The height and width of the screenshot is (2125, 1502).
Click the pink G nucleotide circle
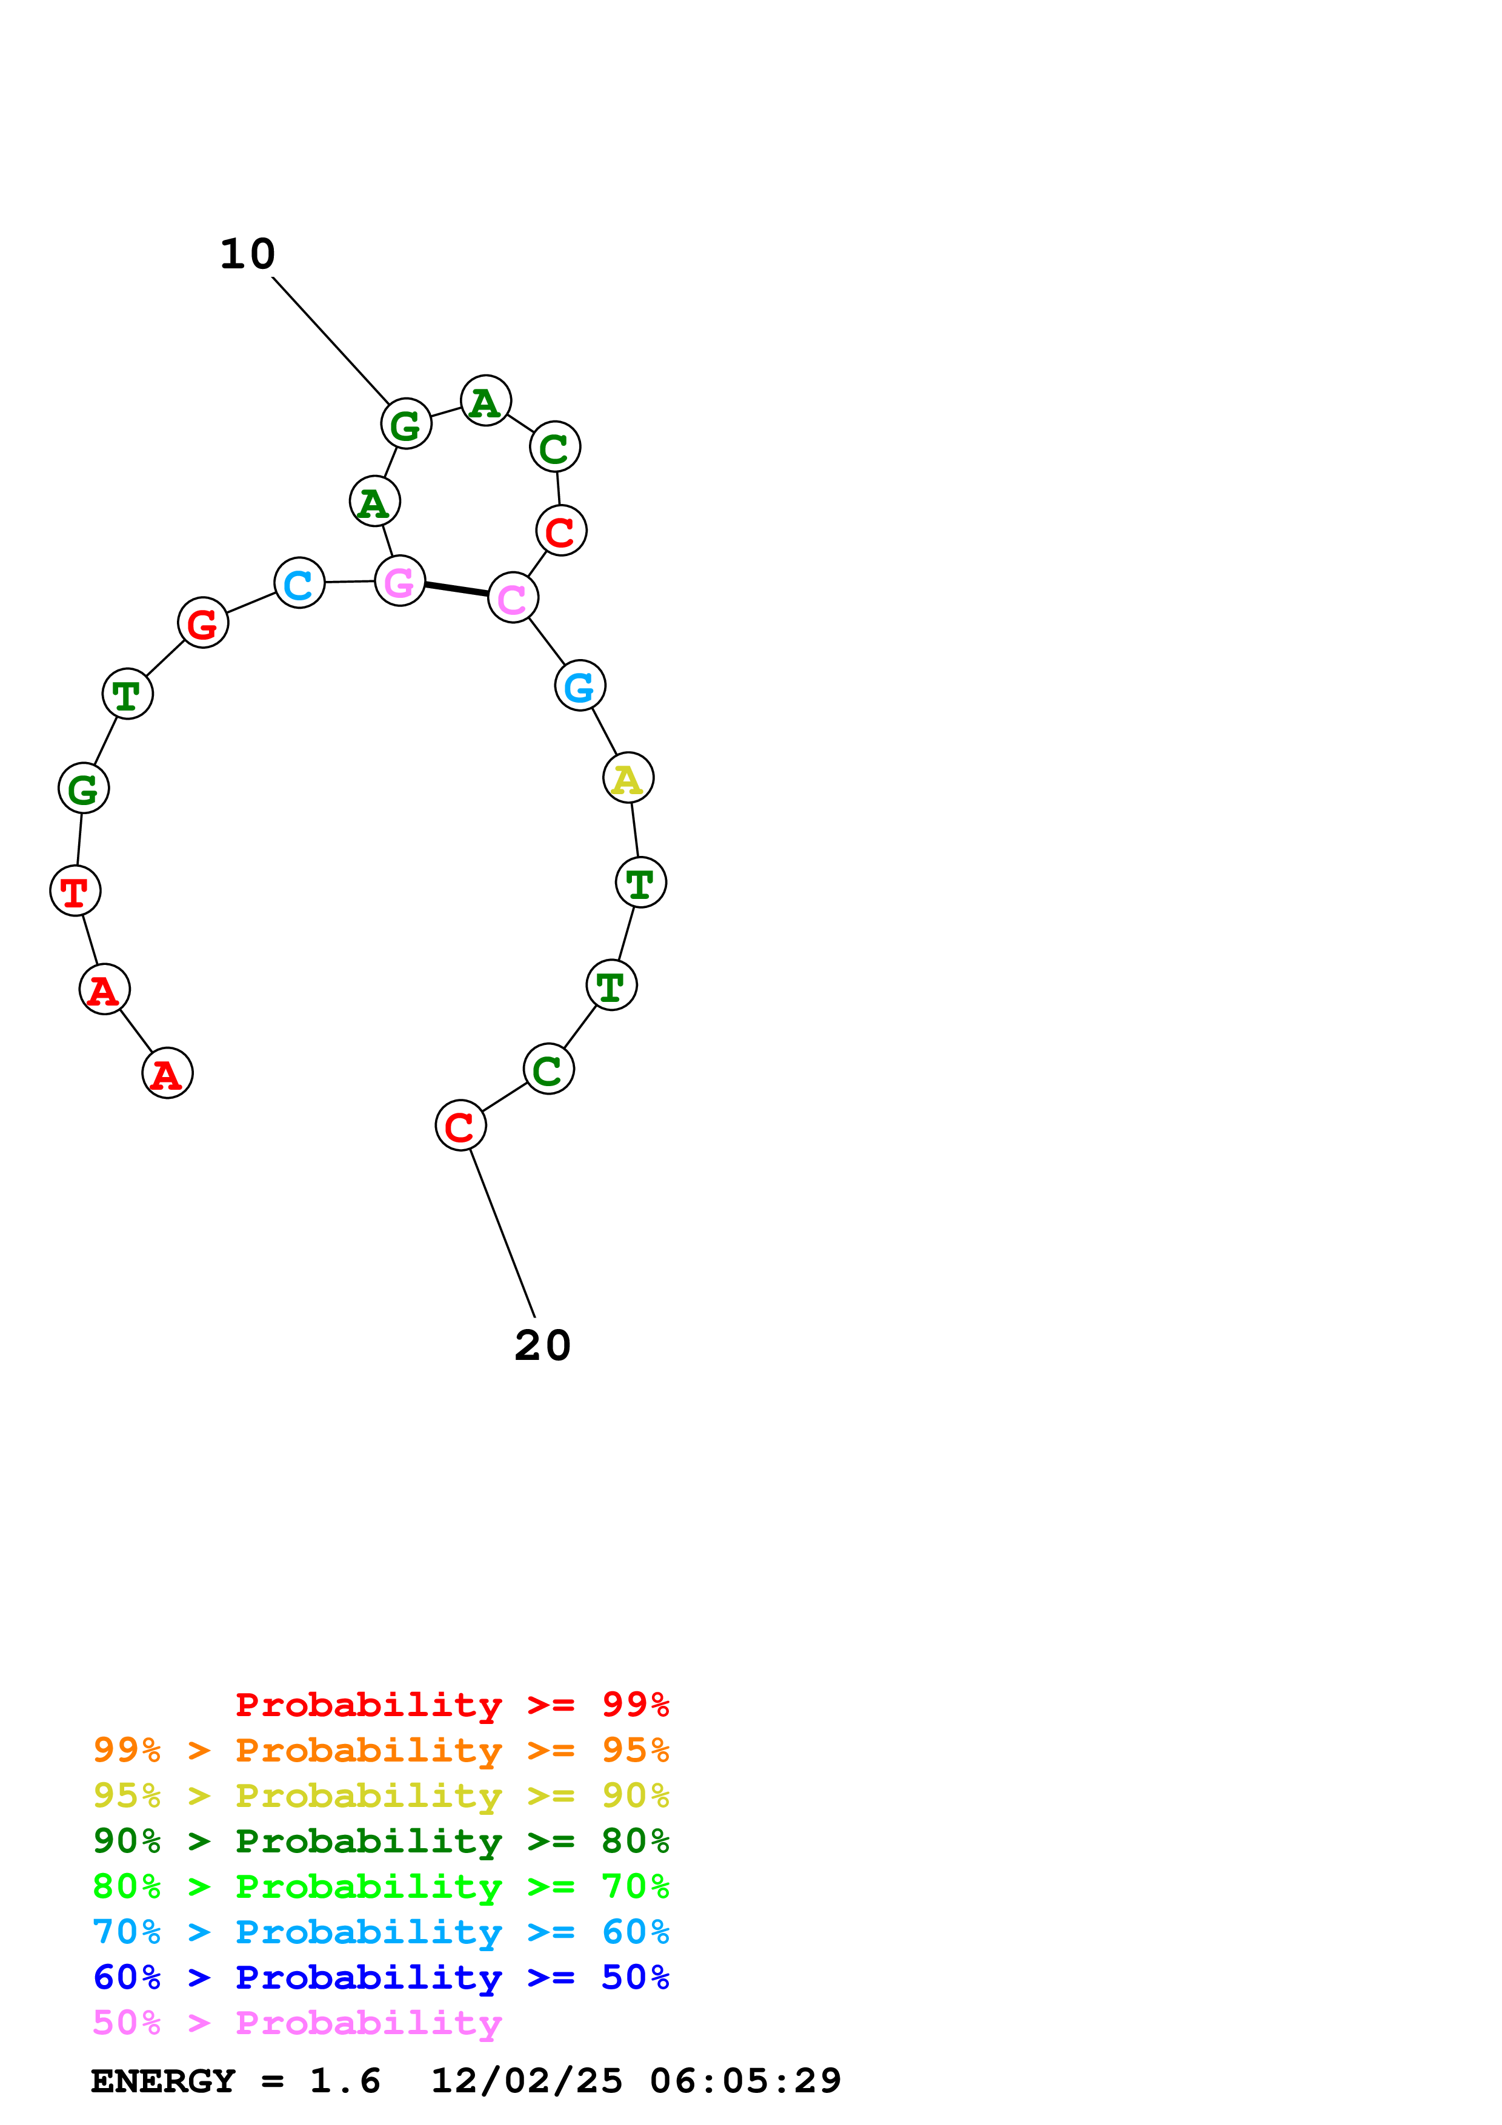click(400, 582)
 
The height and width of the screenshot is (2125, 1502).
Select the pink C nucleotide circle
click(513, 598)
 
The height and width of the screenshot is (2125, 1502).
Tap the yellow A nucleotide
click(628, 778)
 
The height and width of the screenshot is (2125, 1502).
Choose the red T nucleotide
click(75, 890)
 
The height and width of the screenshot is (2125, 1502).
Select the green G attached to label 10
click(407, 424)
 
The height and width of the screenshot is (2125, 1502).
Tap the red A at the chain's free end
click(167, 1073)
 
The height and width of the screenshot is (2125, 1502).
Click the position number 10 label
click(247, 254)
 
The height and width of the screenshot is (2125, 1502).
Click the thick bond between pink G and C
click(456, 589)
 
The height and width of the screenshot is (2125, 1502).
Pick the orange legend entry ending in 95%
click(380, 1750)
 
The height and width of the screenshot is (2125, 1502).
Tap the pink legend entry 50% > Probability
click(297, 2022)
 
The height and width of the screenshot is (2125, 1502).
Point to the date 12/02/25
click(527, 2081)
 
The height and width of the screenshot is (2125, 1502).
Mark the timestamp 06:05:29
click(745, 2081)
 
